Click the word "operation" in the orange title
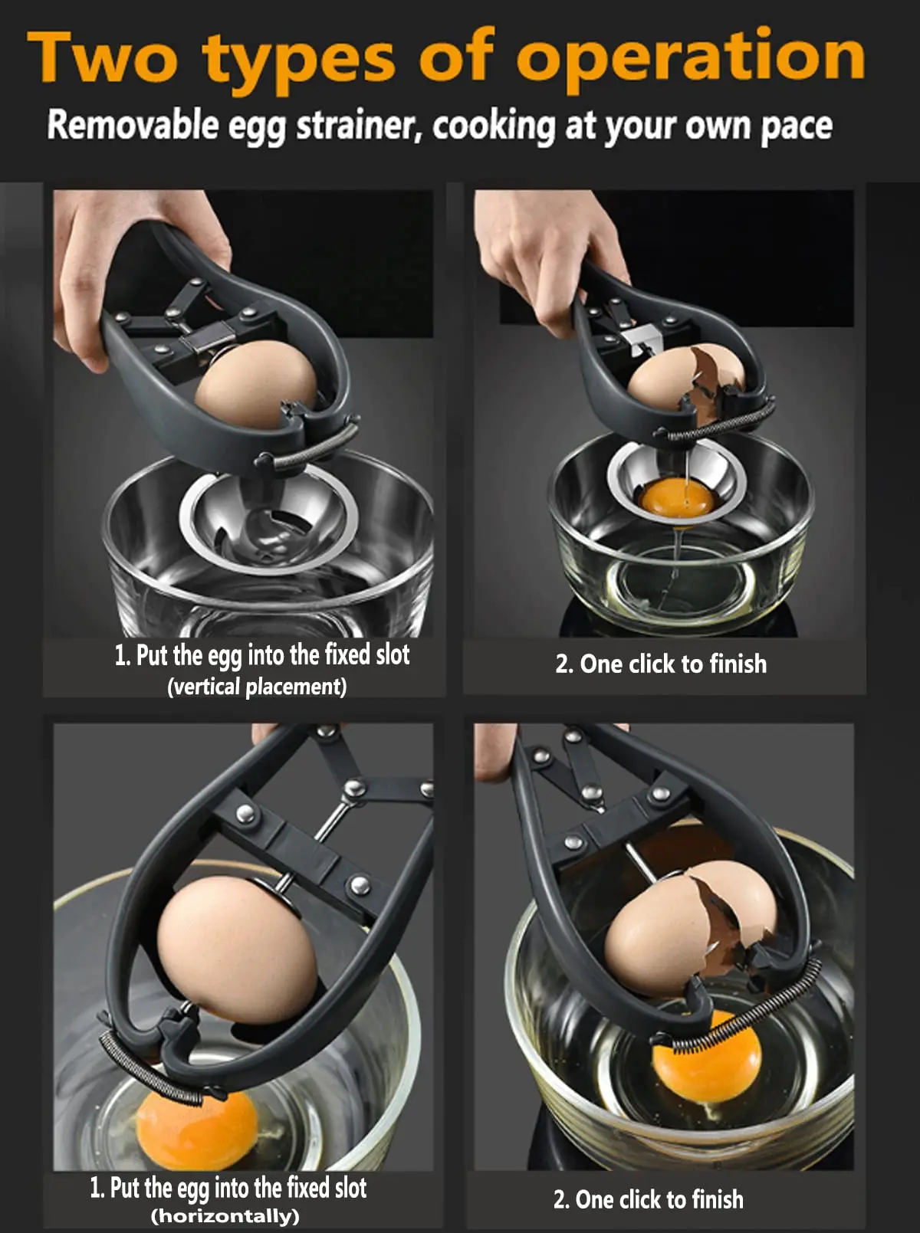[x=690, y=57]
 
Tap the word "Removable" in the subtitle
[x=132, y=125]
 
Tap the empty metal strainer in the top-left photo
[x=268, y=521]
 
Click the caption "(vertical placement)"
[x=257, y=686]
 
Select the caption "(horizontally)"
[x=225, y=1216]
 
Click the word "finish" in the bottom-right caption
[x=717, y=1199]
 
